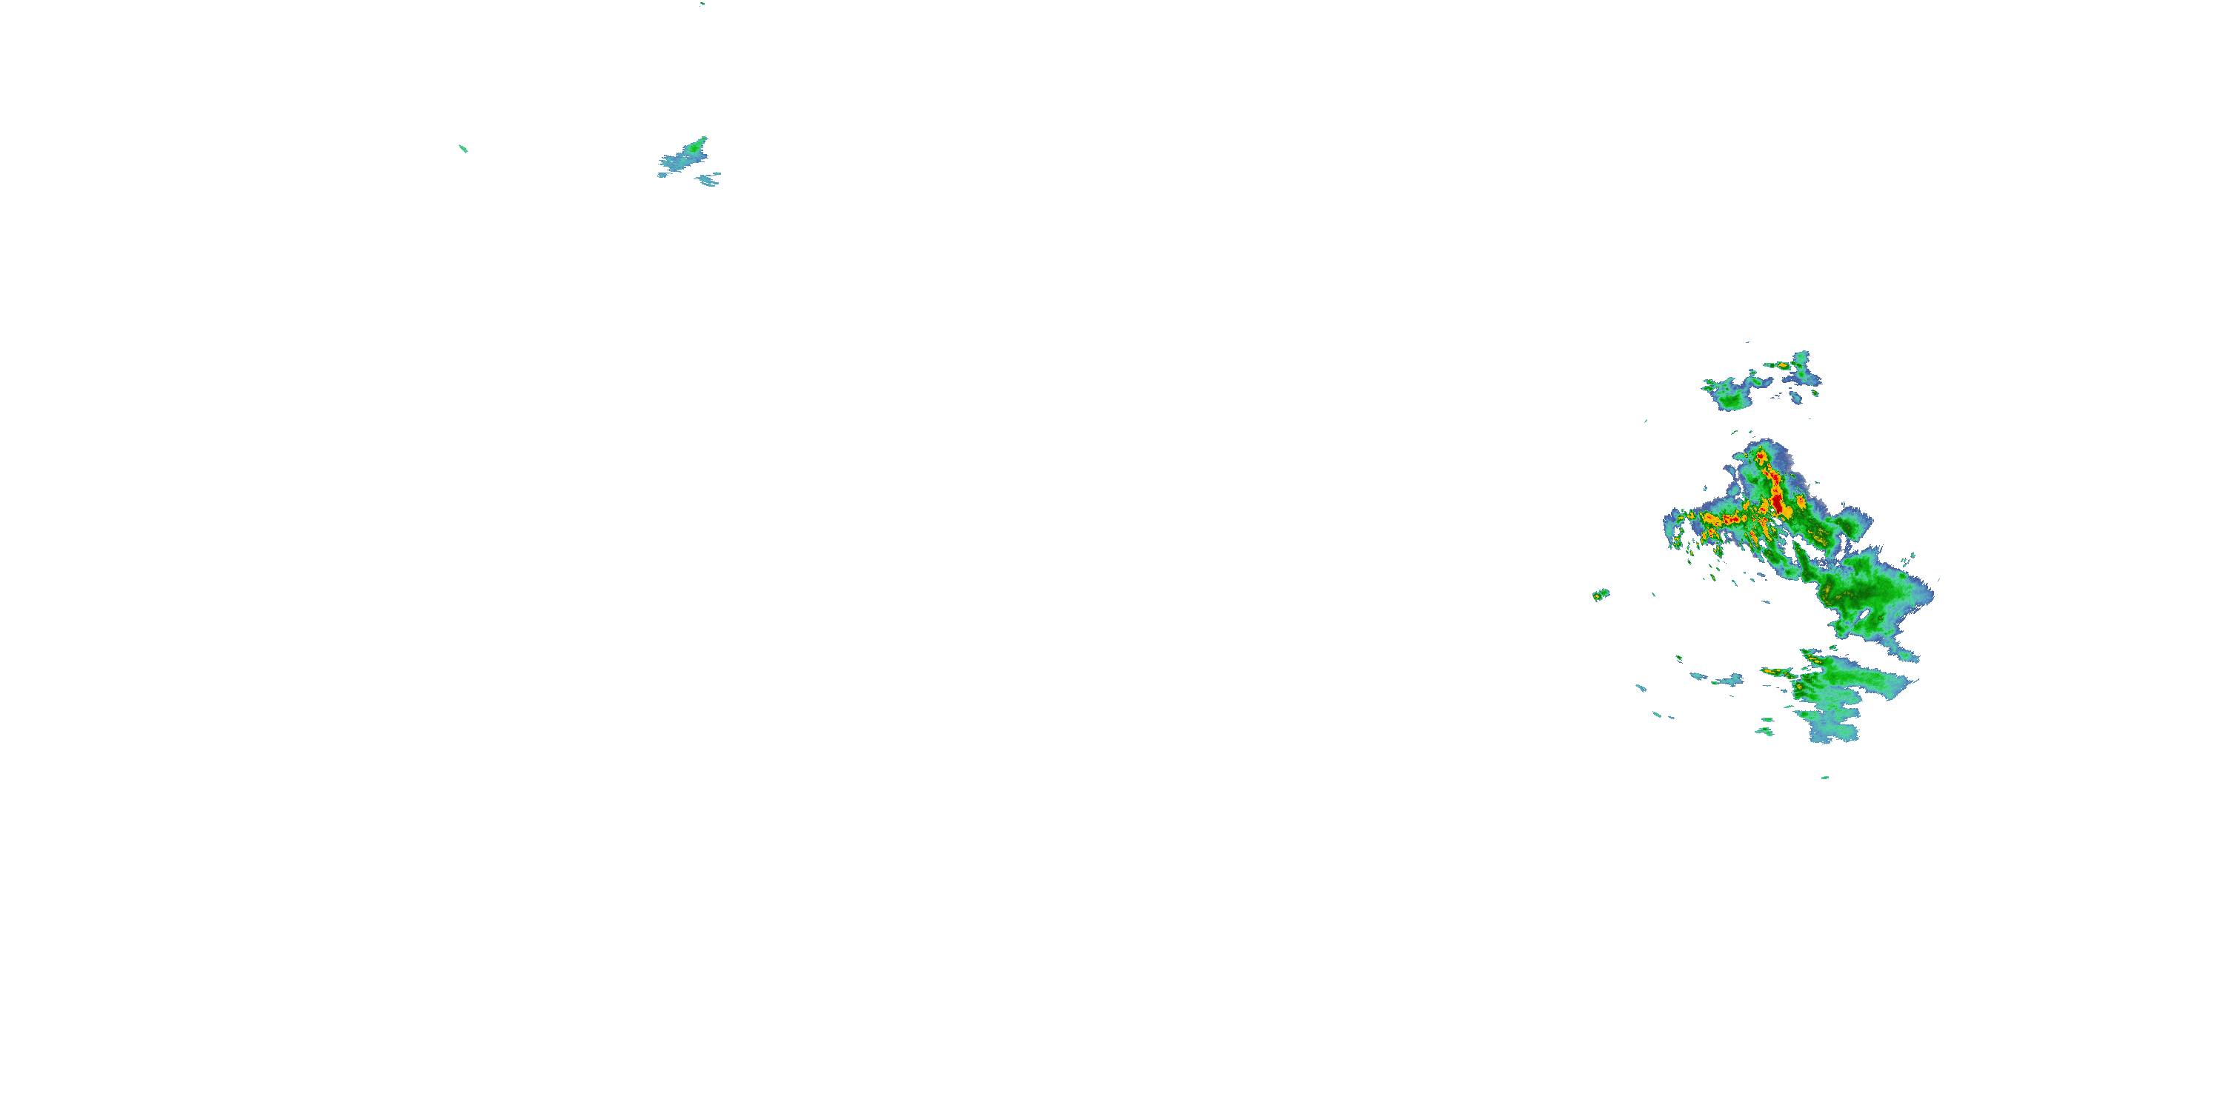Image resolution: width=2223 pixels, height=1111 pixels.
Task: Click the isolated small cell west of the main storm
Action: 1600,594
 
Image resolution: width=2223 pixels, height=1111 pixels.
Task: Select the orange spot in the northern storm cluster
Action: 1783,366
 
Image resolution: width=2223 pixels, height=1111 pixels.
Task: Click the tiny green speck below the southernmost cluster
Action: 1825,777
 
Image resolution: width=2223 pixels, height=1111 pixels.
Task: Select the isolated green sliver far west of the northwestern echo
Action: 463,148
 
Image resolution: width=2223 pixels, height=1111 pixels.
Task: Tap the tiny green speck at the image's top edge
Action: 702,4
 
